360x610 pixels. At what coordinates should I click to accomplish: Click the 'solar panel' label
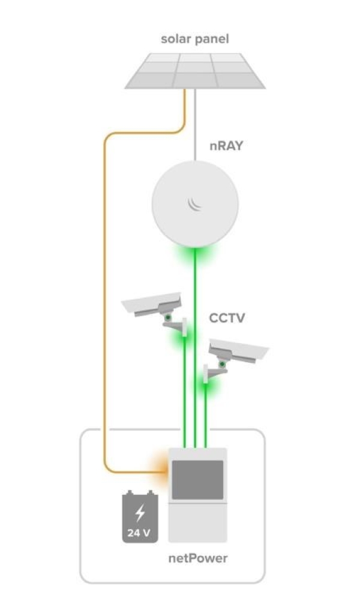(195, 40)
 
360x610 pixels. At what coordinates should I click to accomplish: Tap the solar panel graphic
(195, 71)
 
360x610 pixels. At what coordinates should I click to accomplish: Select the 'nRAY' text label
(226, 146)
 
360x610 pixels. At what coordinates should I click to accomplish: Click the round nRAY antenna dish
(195, 204)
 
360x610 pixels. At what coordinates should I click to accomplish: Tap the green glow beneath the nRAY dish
(196, 254)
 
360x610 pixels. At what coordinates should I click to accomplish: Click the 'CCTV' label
(227, 318)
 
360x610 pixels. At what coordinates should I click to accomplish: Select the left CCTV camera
(155, 314)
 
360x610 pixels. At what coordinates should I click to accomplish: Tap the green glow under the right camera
(206, 386)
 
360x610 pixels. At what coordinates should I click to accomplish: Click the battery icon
(140, 516)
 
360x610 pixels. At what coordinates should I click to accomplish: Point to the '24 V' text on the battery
(139, 533)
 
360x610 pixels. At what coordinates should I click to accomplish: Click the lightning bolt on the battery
(140, 513)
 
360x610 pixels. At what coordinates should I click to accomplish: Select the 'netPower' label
(198, 558)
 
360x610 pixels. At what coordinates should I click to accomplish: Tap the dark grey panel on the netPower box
(198, 480)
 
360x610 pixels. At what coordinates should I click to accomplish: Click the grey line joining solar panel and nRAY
(195, 125)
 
